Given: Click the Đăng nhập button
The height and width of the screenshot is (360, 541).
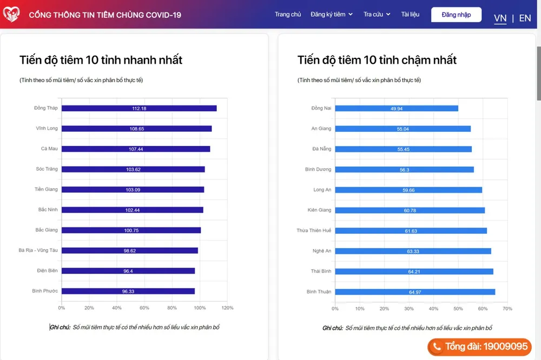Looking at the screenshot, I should point(456,15).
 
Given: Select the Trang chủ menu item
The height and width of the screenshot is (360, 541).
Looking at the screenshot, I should point(288,15).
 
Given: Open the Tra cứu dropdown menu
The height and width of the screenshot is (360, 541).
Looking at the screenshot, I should point(377,15).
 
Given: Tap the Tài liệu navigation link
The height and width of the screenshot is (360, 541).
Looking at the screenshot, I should point(410,15).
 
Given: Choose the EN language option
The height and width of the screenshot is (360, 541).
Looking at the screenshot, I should point(525,18).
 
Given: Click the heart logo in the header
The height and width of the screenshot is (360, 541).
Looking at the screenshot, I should point(12,14).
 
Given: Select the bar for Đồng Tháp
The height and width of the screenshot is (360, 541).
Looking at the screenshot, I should point(139,108).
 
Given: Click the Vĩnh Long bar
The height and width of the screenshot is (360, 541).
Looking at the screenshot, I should point(136,129).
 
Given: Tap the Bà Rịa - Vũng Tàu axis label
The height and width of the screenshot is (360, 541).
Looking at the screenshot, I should point(38,250).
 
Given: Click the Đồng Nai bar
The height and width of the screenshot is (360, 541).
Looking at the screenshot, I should point(397,108).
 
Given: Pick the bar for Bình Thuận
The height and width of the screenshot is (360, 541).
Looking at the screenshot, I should point(415,292).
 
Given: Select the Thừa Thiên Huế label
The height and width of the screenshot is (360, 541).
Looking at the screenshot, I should point(314,231).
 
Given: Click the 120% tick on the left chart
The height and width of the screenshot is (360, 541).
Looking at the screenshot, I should point(227,308).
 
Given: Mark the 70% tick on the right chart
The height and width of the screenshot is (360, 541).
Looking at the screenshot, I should point(507,309).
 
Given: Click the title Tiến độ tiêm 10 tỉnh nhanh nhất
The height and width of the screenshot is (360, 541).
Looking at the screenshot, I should point(101,59).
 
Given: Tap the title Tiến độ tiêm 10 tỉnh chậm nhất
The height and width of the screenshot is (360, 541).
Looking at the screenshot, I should point(377,59).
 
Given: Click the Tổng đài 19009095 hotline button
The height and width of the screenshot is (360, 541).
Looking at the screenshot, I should point(480,346).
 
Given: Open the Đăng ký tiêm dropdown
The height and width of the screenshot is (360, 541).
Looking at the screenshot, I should point(332,15).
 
